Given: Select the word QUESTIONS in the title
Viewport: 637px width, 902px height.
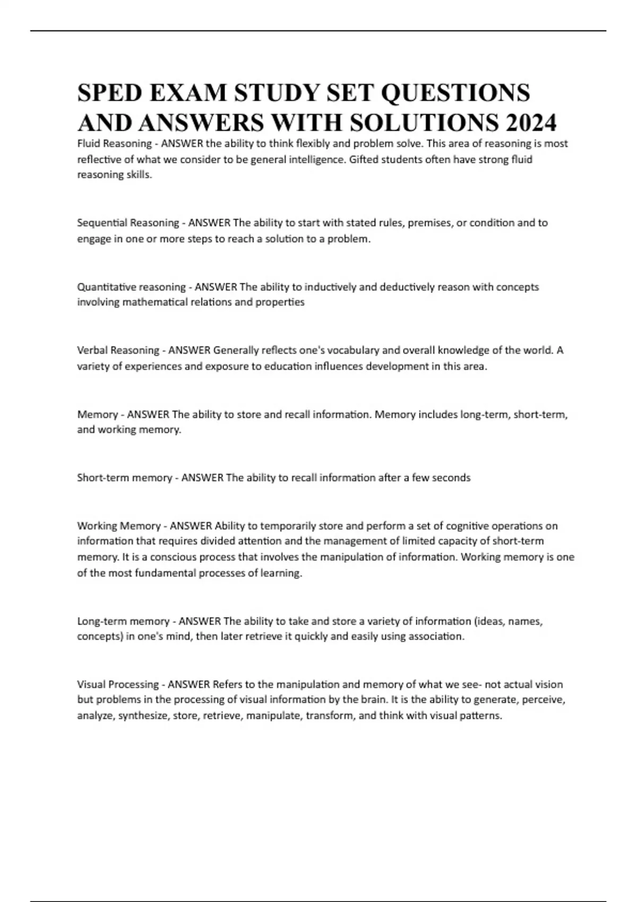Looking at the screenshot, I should coord(455,93).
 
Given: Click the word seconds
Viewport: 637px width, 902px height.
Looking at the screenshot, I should coord(451,478).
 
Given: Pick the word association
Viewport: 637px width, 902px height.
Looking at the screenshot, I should coord(436,636).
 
